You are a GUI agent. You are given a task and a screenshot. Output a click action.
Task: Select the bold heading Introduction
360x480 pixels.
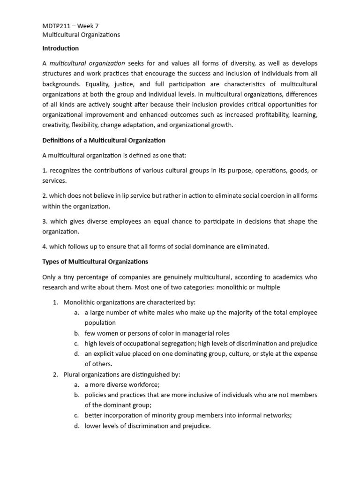click(x=60, y=48)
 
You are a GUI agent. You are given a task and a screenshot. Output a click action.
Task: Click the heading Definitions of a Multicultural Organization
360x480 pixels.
click(x=104, y=140)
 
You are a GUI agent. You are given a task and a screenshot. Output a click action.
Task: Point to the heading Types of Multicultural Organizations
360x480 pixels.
click(x=95, y=261)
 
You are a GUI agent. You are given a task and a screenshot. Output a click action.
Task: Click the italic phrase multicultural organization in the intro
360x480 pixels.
click(x=87, y=63)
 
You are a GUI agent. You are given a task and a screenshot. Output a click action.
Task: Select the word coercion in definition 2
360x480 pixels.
click(x=263, y=196)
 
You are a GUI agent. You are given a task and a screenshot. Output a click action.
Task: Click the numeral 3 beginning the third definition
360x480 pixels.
click(x=44, y=221)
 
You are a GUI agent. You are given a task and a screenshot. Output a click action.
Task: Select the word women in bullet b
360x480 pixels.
click(x=106, y=333)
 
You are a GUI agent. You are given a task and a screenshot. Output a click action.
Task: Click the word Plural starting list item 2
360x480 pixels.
click(x=73, y=375)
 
